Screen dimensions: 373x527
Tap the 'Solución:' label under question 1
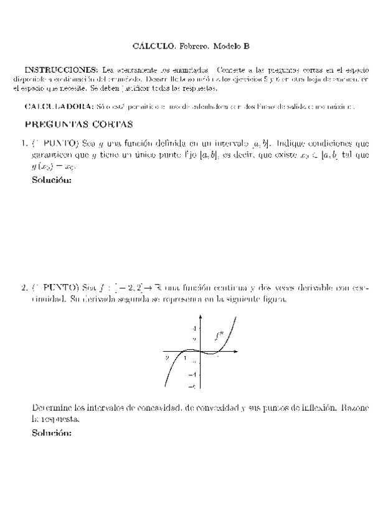click(x=52, y=181)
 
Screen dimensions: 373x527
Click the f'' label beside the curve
click(x=219, y=337)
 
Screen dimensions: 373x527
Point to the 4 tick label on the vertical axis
click(x=194, y=328)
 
